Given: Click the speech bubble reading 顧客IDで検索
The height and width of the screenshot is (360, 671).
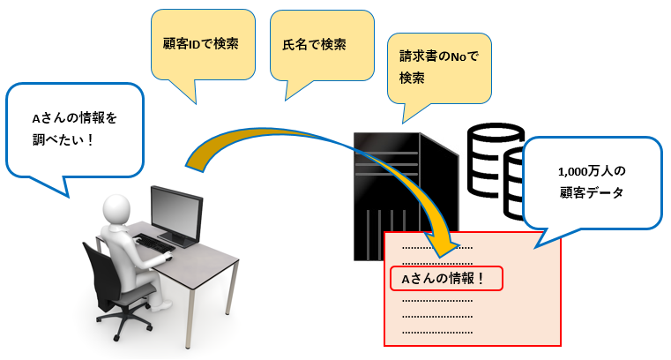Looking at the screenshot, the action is (203, 44).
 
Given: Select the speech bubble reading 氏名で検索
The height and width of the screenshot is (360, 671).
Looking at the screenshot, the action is (322, 45).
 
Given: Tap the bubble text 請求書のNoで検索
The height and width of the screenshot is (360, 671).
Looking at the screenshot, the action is (438, 67).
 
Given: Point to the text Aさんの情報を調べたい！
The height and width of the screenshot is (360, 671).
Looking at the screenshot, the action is (74, 129).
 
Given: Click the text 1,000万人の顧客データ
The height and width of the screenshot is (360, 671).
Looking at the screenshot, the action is (592, 182).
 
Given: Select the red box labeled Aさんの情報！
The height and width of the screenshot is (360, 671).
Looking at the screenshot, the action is (446, 279).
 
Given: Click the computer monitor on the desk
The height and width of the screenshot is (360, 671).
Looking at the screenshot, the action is (176, 215).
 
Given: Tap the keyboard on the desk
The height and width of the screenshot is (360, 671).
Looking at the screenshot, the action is (153, 243).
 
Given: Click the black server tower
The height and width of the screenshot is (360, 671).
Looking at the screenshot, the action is (406, 197).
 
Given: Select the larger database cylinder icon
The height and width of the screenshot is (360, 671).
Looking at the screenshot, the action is (496, 160).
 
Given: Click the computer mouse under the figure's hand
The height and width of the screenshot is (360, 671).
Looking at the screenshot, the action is (168, 258).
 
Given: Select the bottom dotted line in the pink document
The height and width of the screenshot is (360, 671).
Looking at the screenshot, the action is (437, 332).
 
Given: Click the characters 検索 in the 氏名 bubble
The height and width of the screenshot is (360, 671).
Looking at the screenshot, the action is (333, 44).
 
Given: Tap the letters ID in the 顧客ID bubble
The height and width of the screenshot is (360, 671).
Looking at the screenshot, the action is (195, 44).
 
